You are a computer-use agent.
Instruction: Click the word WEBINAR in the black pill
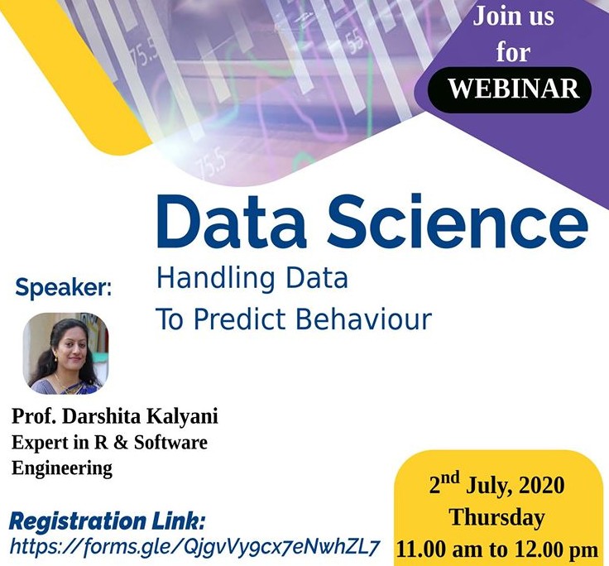click(x=514, y=89)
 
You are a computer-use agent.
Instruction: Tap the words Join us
click(x=513, y=16)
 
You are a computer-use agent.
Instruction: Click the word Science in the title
click(x=458, y=221)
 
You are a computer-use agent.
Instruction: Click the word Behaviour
click(x=363, y=319)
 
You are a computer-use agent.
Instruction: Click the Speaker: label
click(x=64, y=288)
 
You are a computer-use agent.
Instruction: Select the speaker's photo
click(x=65, y=353)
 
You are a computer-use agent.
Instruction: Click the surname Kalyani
click(x=182, y=417)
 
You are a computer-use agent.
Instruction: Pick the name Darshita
click(x=102, y=416)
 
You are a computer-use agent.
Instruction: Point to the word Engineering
click(x=62, y=468)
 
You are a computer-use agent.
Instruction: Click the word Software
click(x=170, y=443)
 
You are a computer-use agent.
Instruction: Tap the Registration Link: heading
click(x=107, y=521)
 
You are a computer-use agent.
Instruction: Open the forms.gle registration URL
click(x=194, y=547)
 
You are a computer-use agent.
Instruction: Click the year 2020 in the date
click(x=540, y=486)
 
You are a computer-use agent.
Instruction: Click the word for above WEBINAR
click(x=513, y=51)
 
